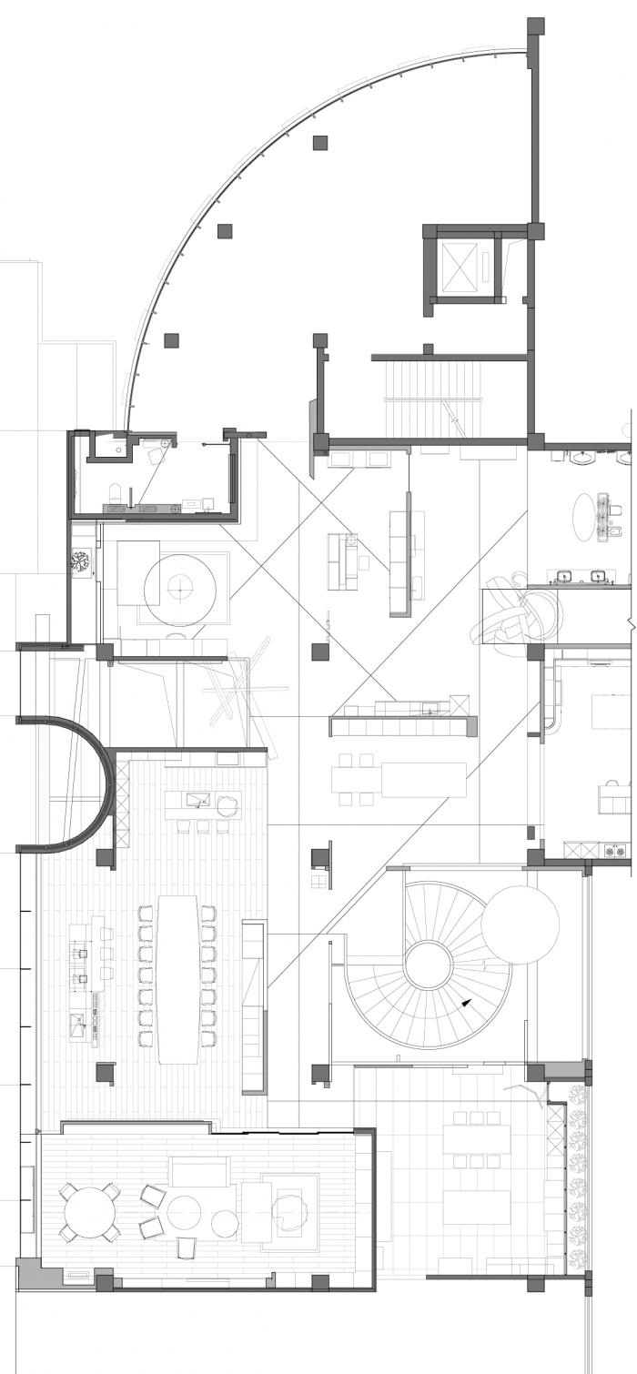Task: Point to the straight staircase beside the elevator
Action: tap(433, 397)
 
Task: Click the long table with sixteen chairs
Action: tap(177, 978)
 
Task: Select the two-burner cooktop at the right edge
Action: tap(615, 852)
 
